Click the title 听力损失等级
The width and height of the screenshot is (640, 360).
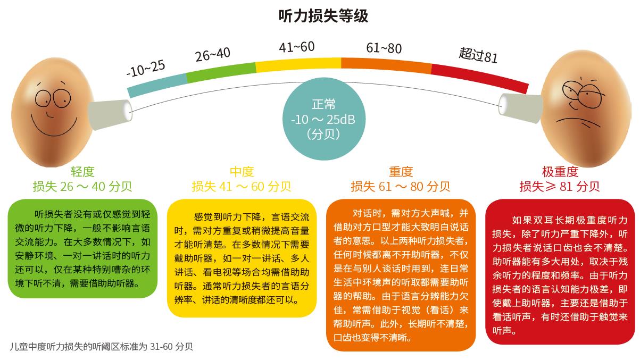[323, 16]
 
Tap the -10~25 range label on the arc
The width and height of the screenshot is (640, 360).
[145, 68]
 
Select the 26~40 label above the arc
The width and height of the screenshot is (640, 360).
[212, 54]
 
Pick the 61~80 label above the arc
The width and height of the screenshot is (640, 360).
[384, 48]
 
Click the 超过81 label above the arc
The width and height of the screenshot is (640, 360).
[478, 54]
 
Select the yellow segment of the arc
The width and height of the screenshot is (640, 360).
[298, 64]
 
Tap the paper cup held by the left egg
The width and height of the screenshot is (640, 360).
[109, 113]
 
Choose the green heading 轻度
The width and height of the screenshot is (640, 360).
[82, 172]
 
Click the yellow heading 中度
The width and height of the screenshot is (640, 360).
[242, 172]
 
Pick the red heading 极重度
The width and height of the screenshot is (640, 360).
[560, 172]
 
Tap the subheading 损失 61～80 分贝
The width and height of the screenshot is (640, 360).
[400, 187]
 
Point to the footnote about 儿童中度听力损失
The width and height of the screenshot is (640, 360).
[101, 346]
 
